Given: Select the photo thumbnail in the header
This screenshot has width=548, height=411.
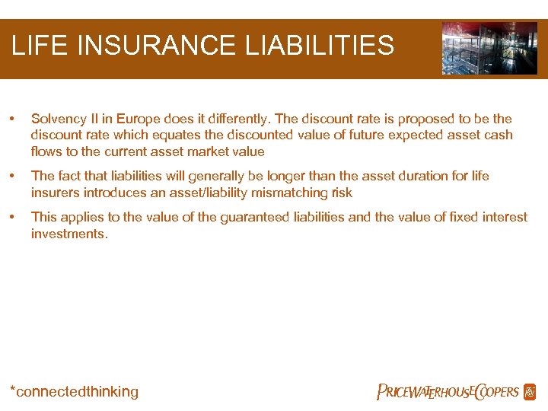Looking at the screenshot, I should pyautogui.click(x=489, y=47).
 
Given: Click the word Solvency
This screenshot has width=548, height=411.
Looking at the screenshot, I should pyautogui.click(x=59, y=119).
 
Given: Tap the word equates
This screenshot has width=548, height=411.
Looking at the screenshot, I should pyautogui.click(x=152, y=135).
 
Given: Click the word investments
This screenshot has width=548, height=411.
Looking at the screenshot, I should pyautogui.click(x=68, y=234).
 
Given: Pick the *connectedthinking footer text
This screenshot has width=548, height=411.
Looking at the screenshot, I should pyautogui.click(x=74, y=392).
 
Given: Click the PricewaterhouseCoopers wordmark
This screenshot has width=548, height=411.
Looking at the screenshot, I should pyautogui.click(x=448, y=392).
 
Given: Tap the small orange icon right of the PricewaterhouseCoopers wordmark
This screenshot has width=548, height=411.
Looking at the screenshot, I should pyautogui.click(x=530, y=392).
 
